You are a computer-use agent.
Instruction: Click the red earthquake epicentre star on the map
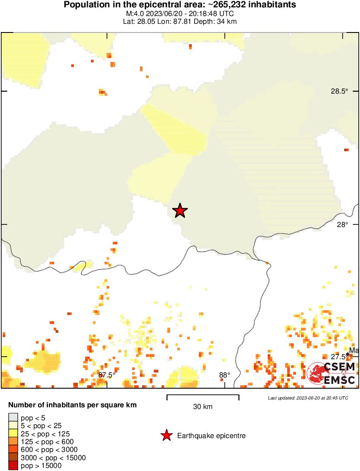click(180, 211)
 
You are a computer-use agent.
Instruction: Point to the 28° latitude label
click(343, 224)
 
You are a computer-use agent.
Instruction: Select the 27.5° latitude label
click(339, 357)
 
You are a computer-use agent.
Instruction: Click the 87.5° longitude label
click(107, 375)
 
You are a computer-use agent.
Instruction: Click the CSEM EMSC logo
click(332, 374)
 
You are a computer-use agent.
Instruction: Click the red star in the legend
click(166, 435)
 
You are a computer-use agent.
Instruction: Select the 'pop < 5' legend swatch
click(13, 418)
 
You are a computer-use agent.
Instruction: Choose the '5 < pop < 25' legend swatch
click(13, 426)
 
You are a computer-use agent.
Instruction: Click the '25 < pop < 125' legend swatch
click(13, 434)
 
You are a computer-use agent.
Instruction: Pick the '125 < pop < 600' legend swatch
click(13, 442)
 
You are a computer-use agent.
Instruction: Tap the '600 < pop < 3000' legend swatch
click(13, 450)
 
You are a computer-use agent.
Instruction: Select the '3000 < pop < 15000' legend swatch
click(13, 458)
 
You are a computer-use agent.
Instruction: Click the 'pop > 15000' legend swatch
click(13, 466)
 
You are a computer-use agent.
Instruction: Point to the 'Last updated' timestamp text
click(308, 398)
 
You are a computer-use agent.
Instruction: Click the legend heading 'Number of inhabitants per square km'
click(72, 406)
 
